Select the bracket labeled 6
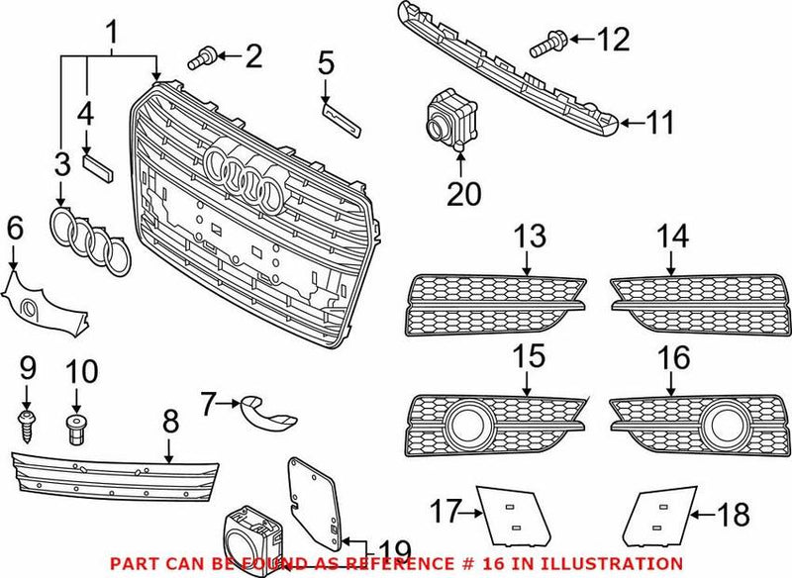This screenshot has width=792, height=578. click(45, 302)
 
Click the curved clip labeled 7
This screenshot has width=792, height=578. click(264, 409)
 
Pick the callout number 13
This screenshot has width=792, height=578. click(530, 237)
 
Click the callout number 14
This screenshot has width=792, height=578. click(673, 237)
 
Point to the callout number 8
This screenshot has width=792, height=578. click(169, 423)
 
